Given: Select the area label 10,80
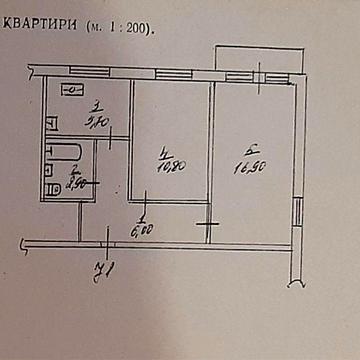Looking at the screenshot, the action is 166,166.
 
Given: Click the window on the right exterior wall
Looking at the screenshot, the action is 298,212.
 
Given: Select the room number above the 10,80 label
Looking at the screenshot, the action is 162,151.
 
